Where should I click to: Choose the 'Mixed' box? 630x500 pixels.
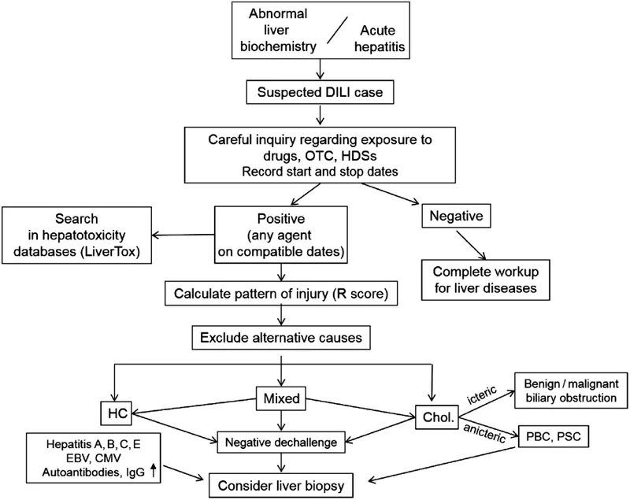(x=282, y=399)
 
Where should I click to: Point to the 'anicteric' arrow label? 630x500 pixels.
(x=484, y=431)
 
